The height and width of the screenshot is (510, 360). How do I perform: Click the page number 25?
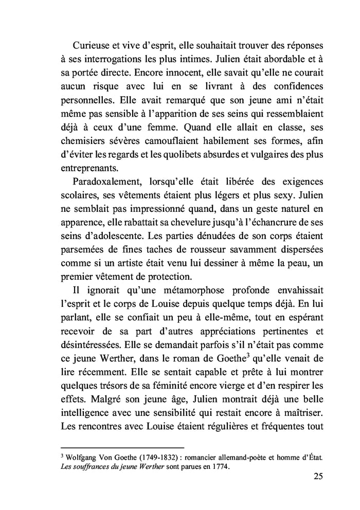[x=317, y=476]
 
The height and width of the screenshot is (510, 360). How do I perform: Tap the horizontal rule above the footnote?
[x=122, y=447]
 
